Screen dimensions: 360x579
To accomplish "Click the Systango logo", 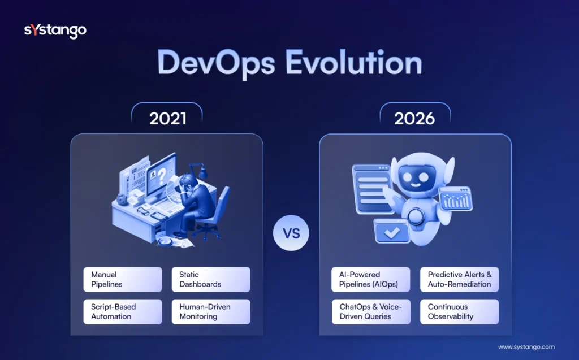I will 55,31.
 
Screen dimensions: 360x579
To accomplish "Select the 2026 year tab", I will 415,119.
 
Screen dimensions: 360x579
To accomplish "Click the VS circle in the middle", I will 291,232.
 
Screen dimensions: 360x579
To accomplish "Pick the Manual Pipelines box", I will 122,279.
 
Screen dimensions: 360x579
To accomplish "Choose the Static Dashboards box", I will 210,279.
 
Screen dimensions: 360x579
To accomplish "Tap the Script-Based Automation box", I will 122,311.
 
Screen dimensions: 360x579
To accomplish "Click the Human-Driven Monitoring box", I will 210,311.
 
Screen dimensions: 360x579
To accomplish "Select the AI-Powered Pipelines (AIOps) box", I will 371,279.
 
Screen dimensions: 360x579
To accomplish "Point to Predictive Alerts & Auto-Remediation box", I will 459,279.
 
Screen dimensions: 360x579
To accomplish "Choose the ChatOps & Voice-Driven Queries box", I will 371,311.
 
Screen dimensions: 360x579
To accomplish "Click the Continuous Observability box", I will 459,311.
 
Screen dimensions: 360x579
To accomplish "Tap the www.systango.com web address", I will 526,347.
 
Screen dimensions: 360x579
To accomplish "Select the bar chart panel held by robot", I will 456,199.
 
